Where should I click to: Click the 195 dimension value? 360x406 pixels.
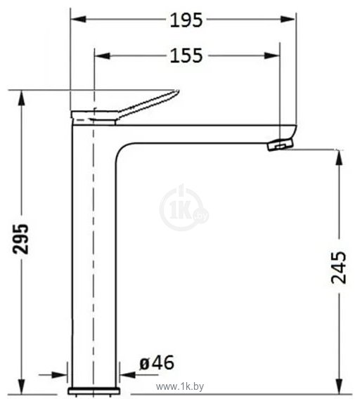[186, 20]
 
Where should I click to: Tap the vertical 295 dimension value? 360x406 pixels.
[22, 240]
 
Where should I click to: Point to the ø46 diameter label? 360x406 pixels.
[156, 363]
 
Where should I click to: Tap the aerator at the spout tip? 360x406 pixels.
[280, 145]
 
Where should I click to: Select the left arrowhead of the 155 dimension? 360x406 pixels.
[99, 55]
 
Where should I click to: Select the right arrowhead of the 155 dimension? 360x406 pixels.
[275, 55]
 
